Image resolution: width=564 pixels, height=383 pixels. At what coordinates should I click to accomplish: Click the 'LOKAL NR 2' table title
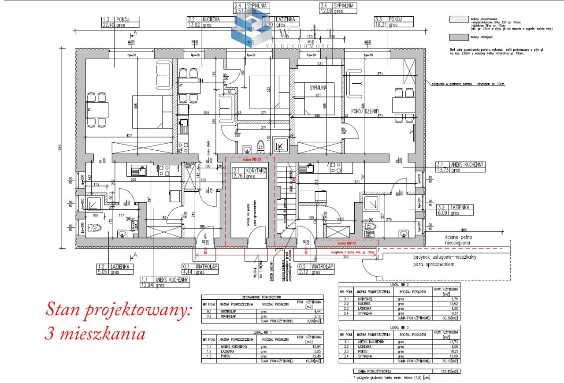click(x=399, y=285)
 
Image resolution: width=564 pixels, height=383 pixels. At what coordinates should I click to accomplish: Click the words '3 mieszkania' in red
click(x=95, y=334)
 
